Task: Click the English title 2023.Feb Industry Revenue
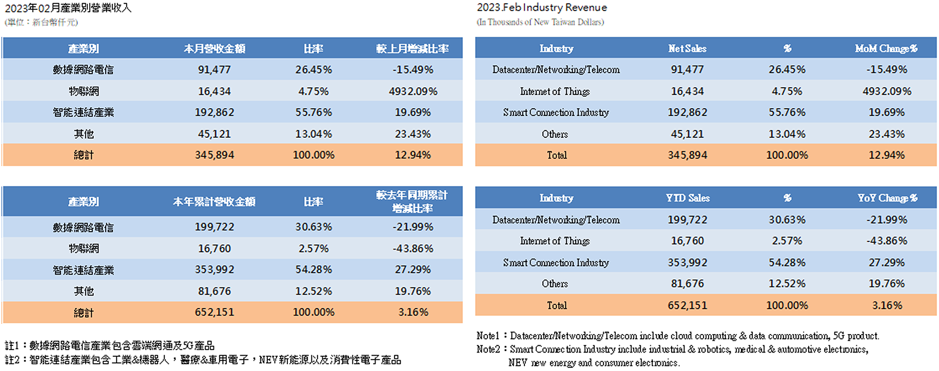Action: click(x=542, y=8)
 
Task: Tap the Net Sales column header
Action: click(x=687, y=49)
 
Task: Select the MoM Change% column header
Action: click(x=886, y=49)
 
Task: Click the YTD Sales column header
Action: click(x=688, y=198)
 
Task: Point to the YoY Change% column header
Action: click(x=887, y=198)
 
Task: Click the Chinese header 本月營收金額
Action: click(x=214, y=49)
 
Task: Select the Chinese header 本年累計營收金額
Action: click(x=214, y=202)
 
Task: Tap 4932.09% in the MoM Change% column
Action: click(x=887, y=91)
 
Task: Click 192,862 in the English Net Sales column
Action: click(x=687, y=112)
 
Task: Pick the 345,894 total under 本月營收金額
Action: click(x=214, y=155)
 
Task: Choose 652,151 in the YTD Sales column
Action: click(x=687, y=305)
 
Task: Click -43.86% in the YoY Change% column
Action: click(x=887, y=241)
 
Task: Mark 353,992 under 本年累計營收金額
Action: click(x=214, y=270)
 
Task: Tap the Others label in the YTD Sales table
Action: click(x=555, y=284)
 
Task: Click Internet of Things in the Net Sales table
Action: click(x=555, y=91)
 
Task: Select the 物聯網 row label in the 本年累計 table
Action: click(x=84, y=249)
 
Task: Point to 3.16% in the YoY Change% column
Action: click(x=887, y=305)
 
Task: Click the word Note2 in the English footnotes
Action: click(x=487, y=349)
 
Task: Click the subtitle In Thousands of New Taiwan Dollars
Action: click(x=540, y=22)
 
